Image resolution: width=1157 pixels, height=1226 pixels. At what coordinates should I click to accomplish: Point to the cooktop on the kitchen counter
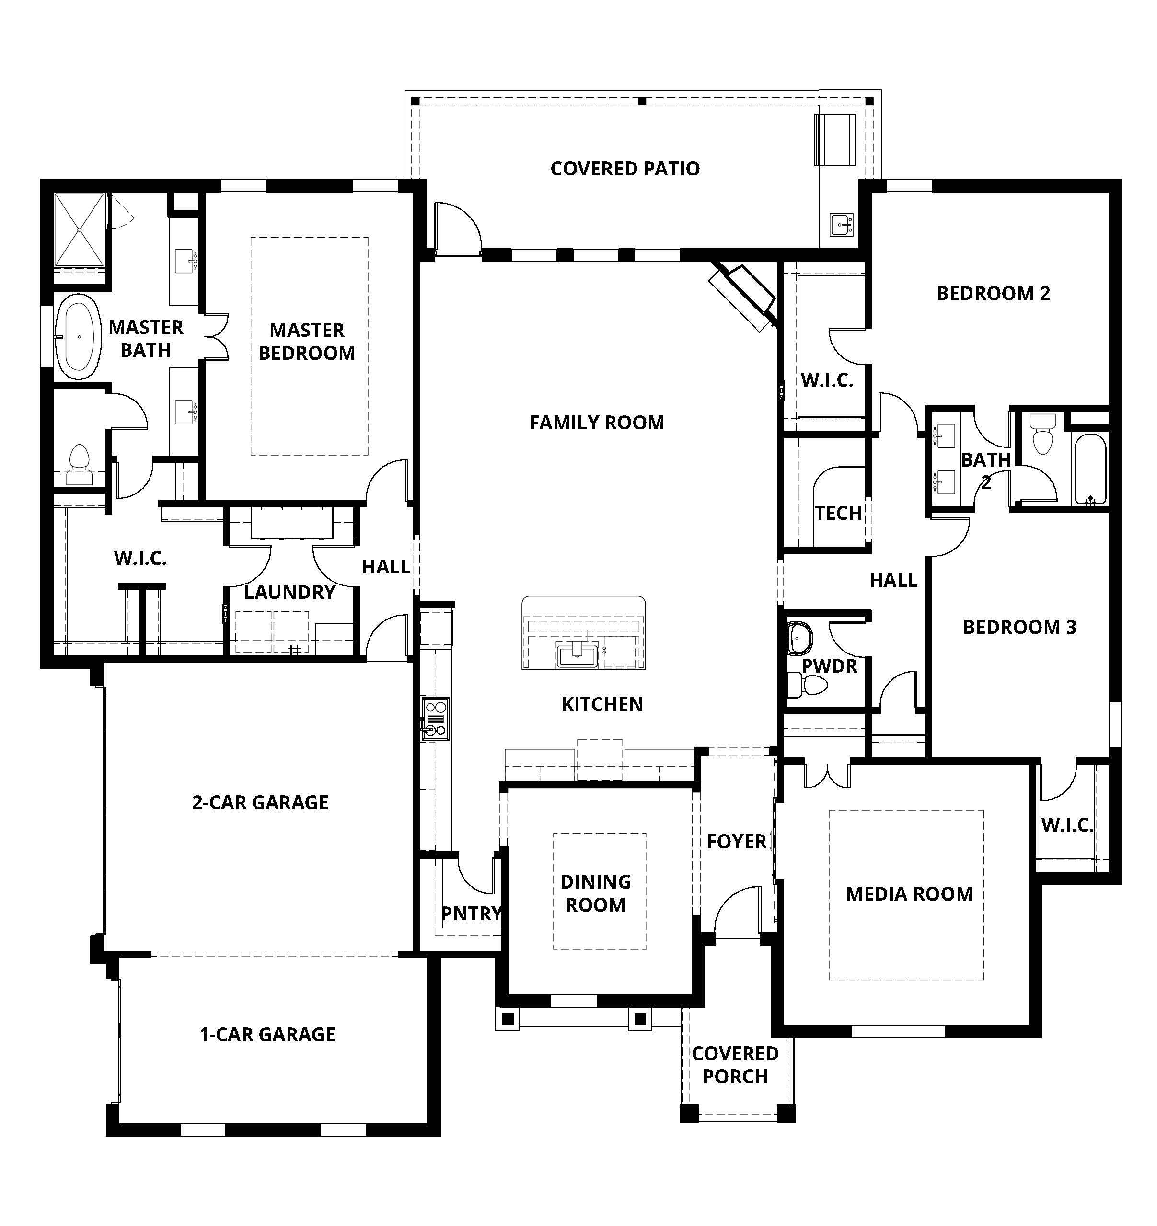436,719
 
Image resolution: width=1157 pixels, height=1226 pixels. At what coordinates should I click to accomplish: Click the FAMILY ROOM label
597,423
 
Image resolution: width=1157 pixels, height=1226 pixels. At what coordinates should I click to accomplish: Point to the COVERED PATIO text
625,168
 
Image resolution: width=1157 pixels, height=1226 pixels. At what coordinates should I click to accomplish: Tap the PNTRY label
472,913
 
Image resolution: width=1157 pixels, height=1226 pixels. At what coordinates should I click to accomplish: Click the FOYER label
737,841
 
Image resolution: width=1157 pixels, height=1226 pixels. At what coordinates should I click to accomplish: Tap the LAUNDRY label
289,592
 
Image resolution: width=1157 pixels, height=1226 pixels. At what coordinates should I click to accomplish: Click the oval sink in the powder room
800,638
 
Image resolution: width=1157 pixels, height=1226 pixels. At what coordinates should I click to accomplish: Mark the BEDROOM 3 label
1019,627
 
